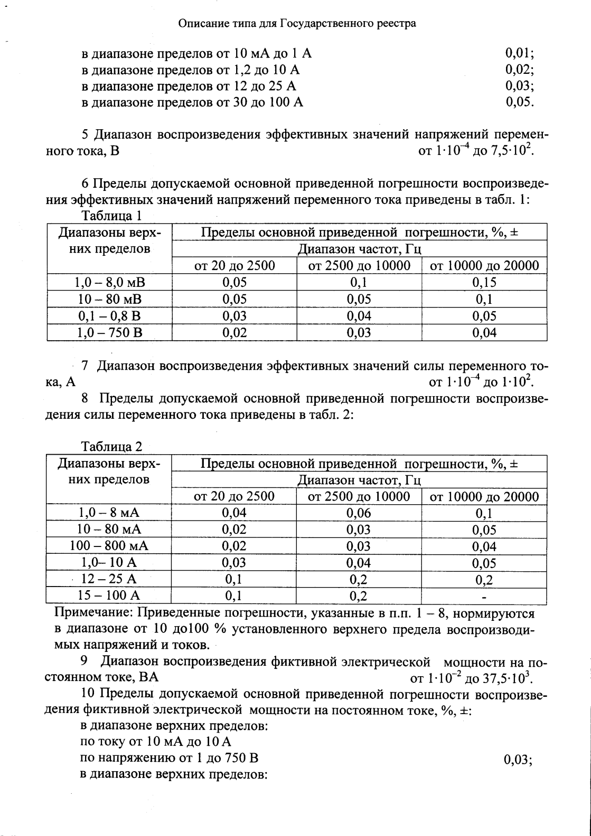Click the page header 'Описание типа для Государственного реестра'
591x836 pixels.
point(297,24)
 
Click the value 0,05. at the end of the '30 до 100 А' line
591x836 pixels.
point(520,102)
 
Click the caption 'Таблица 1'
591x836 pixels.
point(111,216)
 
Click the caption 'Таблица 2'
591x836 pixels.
point(111,447)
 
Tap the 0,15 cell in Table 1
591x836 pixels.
point(484,282)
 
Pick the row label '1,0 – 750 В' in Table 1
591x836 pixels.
point(110,333)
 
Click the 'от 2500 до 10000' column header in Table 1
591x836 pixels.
point(359,265)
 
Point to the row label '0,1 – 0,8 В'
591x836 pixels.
point(110,316)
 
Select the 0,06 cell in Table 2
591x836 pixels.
point(359,513)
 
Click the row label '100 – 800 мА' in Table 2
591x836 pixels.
point(109,546)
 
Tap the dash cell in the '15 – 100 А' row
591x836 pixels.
point(484,597)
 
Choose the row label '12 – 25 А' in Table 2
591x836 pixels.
point(109,579)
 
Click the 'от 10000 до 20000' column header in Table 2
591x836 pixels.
point(484,496)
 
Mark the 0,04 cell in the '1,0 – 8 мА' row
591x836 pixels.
point(234,513)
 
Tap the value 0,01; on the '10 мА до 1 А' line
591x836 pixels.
point(520,53)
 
